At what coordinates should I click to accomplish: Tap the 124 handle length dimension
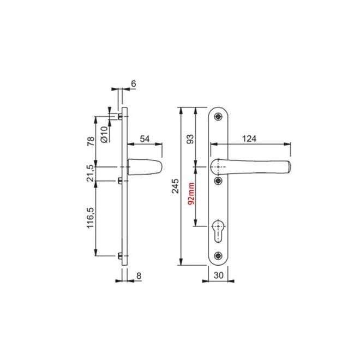[249, 139]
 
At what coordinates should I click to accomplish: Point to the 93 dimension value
[190, 139]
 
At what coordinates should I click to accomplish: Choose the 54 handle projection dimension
[145, 139]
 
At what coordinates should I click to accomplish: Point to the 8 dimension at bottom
[139, 276]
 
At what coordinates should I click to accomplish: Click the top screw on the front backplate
[218, 116]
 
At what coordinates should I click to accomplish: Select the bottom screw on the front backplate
[218, 255]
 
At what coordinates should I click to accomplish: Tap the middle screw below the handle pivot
[218, 181]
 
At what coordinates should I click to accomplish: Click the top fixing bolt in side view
[119, 116]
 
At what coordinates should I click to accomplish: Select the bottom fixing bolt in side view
[119, 255]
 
